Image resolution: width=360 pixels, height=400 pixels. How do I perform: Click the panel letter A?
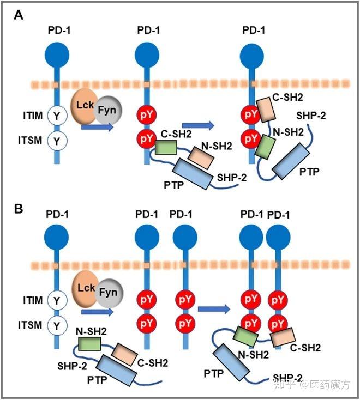(19, 15)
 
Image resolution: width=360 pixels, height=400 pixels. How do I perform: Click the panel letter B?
(19, 209)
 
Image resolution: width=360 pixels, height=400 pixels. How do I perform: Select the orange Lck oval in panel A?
(84, 106)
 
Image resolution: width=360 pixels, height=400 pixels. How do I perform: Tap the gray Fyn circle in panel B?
(109, 292)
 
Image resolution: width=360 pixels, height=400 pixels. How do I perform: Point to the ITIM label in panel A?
(33, 116)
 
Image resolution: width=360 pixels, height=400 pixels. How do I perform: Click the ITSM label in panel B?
(30, 325)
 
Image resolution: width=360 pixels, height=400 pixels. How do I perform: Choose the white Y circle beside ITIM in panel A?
(57, 116)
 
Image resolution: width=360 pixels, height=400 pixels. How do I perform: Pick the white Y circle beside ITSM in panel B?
(57, 325)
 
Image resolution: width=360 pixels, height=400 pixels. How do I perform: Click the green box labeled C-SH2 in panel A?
(166, 148)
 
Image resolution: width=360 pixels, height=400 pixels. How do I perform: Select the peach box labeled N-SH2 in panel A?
(201, 158)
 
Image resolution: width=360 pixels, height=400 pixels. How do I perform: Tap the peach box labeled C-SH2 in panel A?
(266, 110)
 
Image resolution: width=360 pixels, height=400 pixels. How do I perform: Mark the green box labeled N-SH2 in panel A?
(265, 147)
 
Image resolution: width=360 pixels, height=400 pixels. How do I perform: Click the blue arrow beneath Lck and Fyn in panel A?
(97, 127)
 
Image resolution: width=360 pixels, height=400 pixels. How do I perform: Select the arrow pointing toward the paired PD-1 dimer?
(214, 309)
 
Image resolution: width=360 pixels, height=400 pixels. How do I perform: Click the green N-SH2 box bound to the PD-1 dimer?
(245, 336)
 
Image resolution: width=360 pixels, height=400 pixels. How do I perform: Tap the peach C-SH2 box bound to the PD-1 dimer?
(283, 337)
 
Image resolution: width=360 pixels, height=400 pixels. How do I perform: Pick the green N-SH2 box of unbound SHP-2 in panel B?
(89, 344)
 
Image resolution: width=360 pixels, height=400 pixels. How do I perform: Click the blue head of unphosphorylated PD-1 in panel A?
(57, 56)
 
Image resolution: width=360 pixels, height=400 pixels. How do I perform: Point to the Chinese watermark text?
(311, 384)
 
